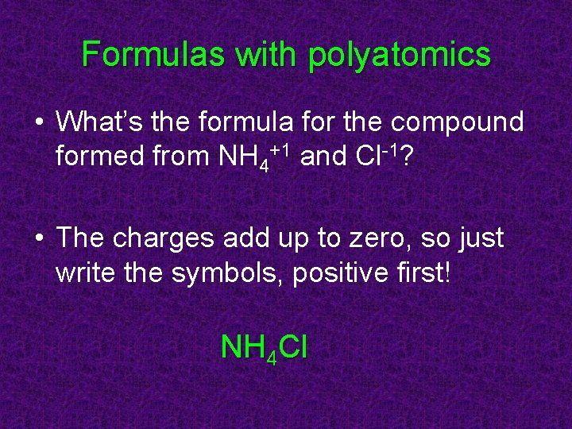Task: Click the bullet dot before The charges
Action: coord(38,240)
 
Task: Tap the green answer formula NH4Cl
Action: coord(264,348)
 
